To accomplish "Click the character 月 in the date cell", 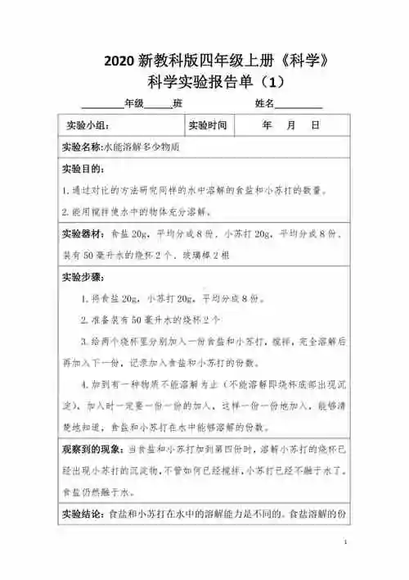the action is click(291, 127).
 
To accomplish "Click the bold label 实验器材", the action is click(81, 233).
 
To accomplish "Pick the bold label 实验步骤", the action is click(83, 277).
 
